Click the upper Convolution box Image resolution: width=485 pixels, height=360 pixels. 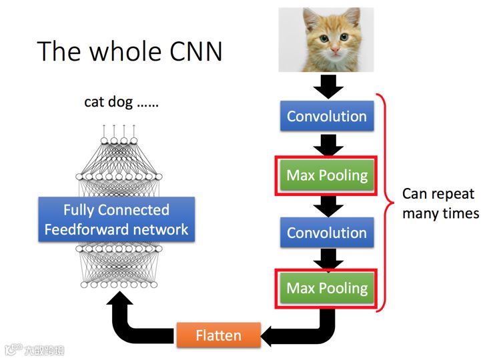pos(326,116)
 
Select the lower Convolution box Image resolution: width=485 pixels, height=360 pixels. pos(326,233)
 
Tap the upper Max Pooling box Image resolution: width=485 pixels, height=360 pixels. pos(326,175)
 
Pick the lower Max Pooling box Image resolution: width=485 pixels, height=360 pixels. pos(326,288)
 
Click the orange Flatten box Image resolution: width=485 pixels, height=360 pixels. pos(218,335)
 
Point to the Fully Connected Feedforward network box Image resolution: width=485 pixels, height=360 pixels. pos(116,220)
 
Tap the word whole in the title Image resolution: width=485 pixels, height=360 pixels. pos(123,51)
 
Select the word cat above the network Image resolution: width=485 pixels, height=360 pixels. pos(94,102)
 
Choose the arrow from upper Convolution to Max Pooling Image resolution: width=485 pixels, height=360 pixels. pos(327,144)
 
